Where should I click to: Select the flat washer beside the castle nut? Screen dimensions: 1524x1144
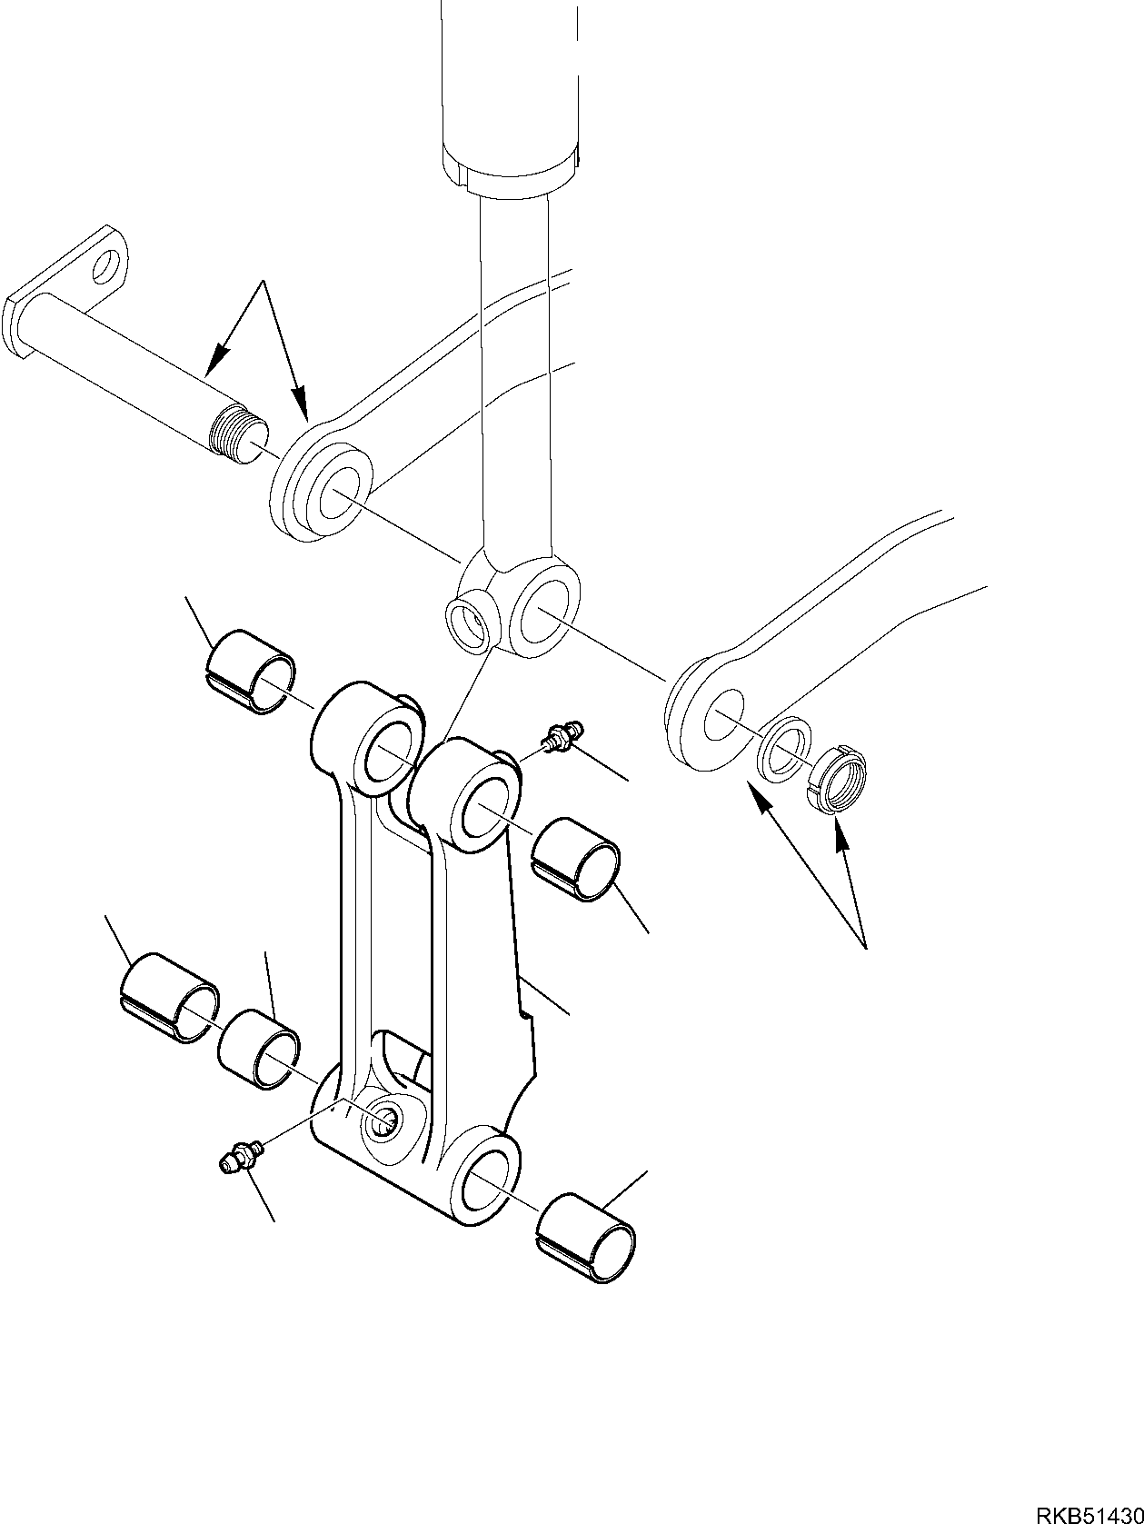click(x=785, y=748)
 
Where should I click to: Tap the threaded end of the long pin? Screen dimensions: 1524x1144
click(x=234, y=434)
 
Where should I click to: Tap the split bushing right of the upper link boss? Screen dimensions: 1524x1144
click(x=576, y=859)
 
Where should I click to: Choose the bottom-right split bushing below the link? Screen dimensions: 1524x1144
click(x=586, y=1240)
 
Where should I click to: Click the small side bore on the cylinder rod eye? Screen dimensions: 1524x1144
click(x=472, y=623)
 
